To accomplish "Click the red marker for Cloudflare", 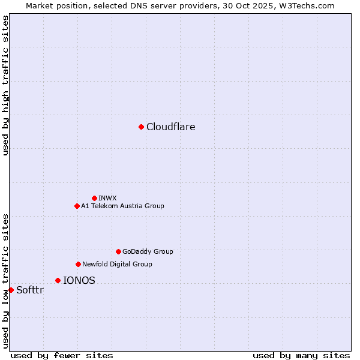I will pos(141,127).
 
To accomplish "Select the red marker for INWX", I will pos(94,198).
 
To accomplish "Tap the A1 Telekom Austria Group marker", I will pos(77,206).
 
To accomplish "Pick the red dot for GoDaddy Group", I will pos(118,251).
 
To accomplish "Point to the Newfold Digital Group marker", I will pos(78,264).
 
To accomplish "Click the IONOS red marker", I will pos(58,280).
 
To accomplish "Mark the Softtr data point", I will pos(11,290).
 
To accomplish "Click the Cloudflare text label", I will pos(171,127).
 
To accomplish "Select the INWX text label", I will pos(107,198).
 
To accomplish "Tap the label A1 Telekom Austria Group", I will pos(122,206).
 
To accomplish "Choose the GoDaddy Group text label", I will pos(148,251).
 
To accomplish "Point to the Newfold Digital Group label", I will pos(117,264).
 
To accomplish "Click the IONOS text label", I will pos(79,280).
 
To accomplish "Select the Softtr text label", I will pos(30,290).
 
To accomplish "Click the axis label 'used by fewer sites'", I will pos(62,355).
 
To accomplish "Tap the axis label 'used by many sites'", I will pos(301,355).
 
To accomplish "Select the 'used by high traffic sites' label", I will pos(5,85).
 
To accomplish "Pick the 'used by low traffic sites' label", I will pos(5,280).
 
